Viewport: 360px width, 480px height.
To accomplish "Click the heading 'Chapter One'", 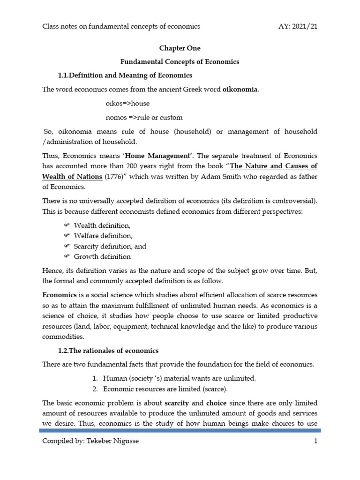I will pyautogui.click(x=180, y=48).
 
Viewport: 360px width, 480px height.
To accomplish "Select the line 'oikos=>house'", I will pyautogui.click(x=127, y=103).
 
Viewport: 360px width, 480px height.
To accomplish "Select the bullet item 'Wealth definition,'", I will pyautogui.click(x=99, y=226).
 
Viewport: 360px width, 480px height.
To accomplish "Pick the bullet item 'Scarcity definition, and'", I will pyautogui.click(x=110, y=247).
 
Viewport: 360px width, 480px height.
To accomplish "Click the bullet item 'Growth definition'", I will pyautogui.click(x=102, y=257).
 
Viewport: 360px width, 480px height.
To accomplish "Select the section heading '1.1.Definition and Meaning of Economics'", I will pyautogui.click(x=125, y=75).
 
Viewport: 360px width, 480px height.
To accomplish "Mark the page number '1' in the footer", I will pyautogui.click(x=315, y=441).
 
